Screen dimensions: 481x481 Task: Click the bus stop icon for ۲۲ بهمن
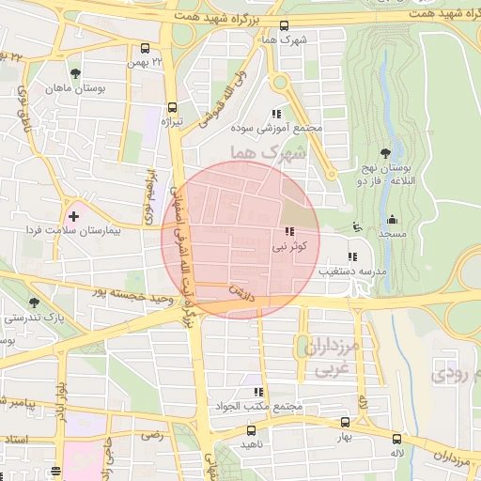144,48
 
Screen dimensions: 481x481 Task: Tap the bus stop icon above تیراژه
171,107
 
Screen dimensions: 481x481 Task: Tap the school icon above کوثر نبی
287,232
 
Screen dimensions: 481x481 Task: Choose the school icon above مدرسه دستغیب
352,256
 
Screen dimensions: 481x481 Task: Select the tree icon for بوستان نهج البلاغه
384,153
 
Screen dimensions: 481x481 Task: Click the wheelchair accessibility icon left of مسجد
355,225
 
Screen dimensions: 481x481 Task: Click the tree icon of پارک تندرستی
35,303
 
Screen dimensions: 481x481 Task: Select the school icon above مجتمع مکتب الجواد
256,392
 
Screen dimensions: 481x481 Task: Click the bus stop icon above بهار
345,424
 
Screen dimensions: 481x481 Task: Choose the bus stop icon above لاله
397,438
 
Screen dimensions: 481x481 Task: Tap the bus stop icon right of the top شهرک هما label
286,26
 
